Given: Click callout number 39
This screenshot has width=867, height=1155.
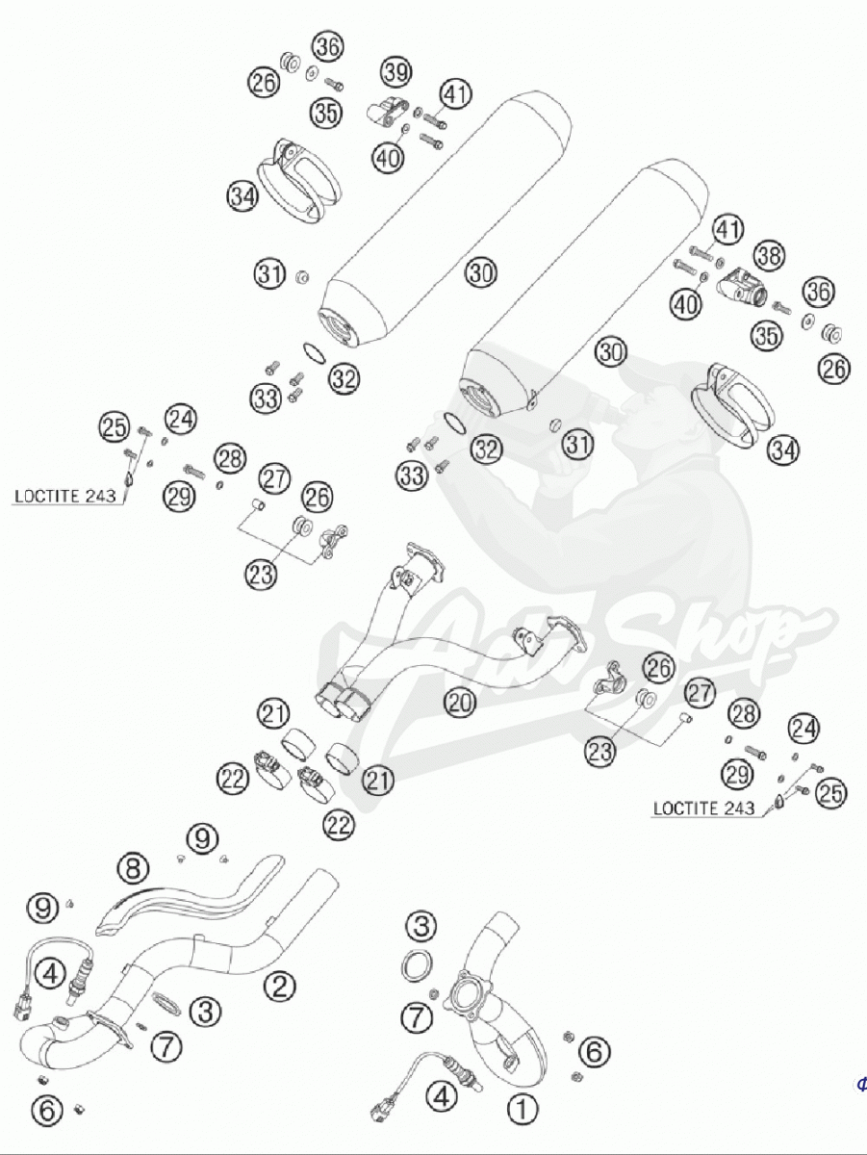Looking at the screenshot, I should [395, 71].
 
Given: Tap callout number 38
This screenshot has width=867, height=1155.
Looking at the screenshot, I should [767, 255].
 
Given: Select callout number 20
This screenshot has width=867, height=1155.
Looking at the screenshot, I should [461, 704].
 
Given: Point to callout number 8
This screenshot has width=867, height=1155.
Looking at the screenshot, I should [134, 868].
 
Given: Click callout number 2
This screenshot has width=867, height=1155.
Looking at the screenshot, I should [279, 985].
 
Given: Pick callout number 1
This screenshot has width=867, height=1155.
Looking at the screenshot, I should [522, 1110].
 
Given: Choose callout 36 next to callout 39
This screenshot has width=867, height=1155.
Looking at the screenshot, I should [327, 46].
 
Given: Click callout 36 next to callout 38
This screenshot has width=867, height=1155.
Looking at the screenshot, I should [820, 292].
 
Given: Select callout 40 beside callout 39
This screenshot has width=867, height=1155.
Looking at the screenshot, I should [388, 158].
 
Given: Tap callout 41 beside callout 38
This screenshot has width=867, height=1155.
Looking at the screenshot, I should [728, 230].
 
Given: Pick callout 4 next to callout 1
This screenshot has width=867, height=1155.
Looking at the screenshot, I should [442, 1094].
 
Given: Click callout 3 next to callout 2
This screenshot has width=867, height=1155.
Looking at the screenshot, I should [205, 1011].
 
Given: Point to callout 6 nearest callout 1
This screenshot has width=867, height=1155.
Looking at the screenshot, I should [595, 1052].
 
